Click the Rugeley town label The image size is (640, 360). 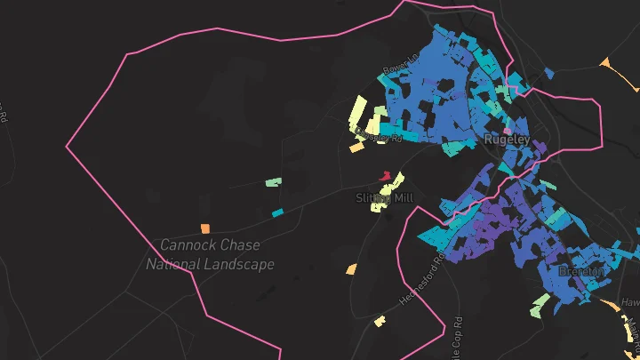[508, 140]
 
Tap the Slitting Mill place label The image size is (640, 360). [385, 197]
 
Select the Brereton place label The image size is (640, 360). [582, 270]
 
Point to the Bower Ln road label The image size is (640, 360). [393, 69]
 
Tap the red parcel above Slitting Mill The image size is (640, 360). [385, 176]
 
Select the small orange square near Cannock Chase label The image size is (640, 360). [205, 228]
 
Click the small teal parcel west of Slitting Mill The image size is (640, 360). [277, 212]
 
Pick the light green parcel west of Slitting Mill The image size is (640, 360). [273, 182]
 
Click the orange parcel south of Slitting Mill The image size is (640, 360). [351, 268]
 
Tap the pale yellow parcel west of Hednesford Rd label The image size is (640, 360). [380, 319]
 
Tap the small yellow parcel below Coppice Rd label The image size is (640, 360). [356, 148]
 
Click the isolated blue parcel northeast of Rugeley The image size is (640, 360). [548, 74]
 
